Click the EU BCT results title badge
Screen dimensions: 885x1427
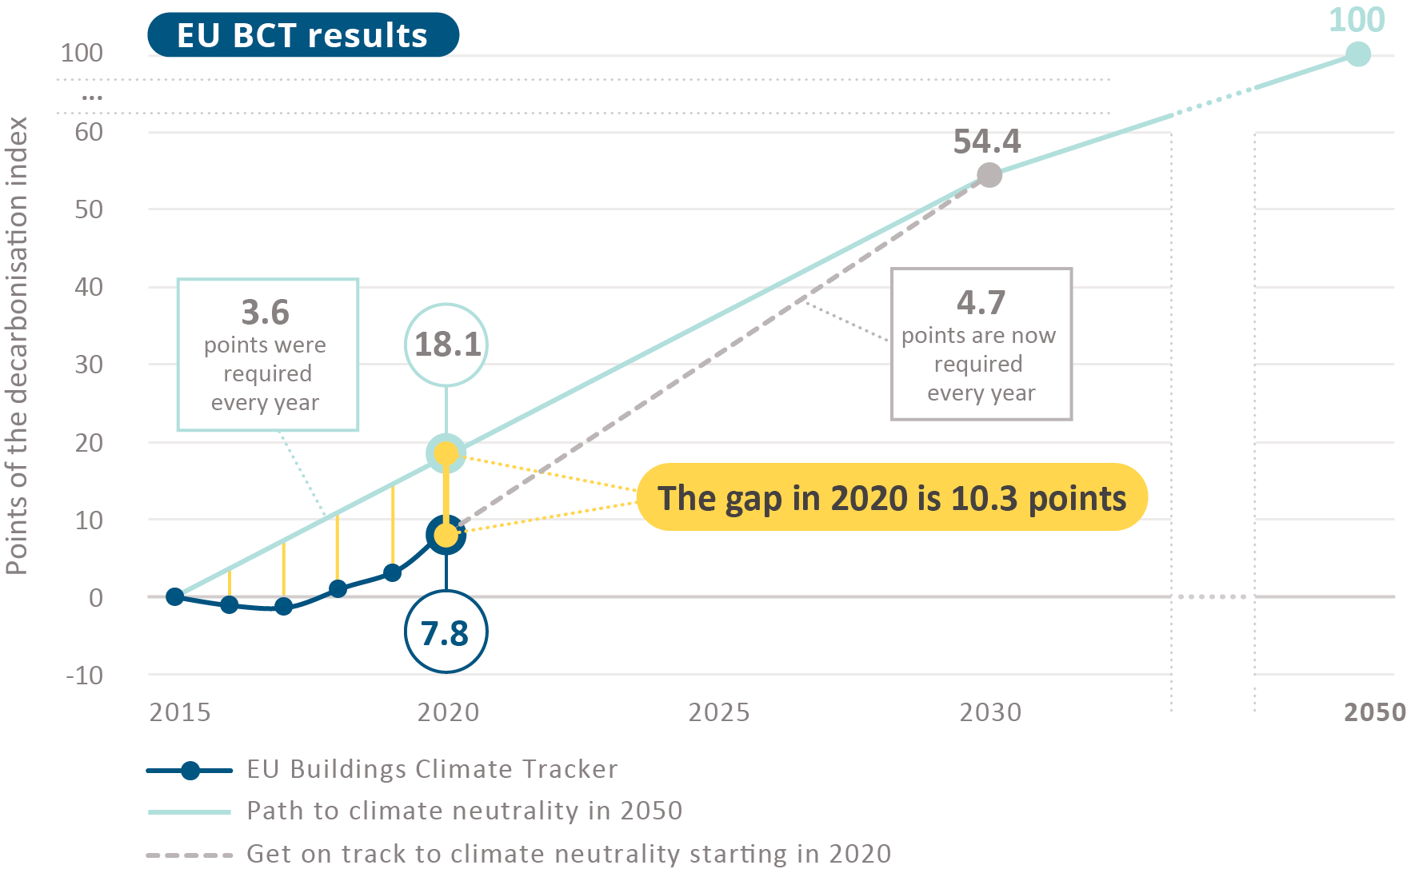(302, 35)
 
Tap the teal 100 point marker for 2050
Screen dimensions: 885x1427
(1357, 54)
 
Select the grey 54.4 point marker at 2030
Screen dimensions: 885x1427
(989, 175)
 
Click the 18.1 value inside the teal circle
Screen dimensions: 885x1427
(447, 345)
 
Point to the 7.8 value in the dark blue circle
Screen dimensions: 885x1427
(445, 633)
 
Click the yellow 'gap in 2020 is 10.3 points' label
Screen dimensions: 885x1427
(892, 497)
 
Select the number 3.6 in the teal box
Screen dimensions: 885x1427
(266, 312)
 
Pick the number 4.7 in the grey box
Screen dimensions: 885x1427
(981, 302)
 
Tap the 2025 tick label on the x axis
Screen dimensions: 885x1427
(719, 712)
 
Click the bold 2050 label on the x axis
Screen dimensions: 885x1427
(1374, 712)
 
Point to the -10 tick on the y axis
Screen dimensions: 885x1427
(85, 676)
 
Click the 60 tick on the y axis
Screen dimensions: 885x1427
(89, 132)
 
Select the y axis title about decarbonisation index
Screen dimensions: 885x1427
(17, 345)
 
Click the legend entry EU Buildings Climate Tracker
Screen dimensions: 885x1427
(432, 769)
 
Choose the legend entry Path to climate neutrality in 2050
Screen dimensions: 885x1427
(464, 811)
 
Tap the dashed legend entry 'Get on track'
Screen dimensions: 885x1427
(568, 854)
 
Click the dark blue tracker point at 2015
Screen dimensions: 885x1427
(175, 596)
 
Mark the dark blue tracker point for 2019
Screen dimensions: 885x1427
(392, 572)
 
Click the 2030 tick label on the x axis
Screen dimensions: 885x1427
(990, 712)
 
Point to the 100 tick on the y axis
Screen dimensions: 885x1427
(82, 53)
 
